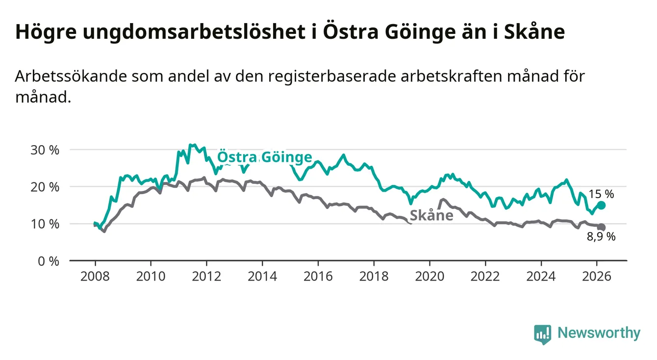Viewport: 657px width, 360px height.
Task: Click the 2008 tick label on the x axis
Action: point(95,276)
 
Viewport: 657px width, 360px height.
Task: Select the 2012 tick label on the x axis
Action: point(206,276)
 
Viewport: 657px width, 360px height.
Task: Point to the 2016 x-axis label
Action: point(318,276)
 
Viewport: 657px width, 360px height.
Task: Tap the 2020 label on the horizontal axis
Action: point(430,276)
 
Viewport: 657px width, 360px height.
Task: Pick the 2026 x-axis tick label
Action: point(597,276)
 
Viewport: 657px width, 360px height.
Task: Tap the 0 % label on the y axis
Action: point(49,261)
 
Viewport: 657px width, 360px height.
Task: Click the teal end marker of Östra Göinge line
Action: point(602,206)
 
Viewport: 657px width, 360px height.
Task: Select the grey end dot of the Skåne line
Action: point(602,227)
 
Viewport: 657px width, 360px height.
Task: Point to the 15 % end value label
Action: point(602,194)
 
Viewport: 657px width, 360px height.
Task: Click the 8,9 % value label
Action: point(601,237)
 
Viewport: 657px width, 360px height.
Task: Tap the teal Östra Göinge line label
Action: point(264,157)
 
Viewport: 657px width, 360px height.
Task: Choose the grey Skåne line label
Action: point(431,215)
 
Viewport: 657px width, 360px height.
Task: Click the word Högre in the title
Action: point(44,32)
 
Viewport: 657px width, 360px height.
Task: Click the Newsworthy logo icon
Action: point(542,334)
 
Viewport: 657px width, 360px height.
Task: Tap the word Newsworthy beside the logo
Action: point(599,334)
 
